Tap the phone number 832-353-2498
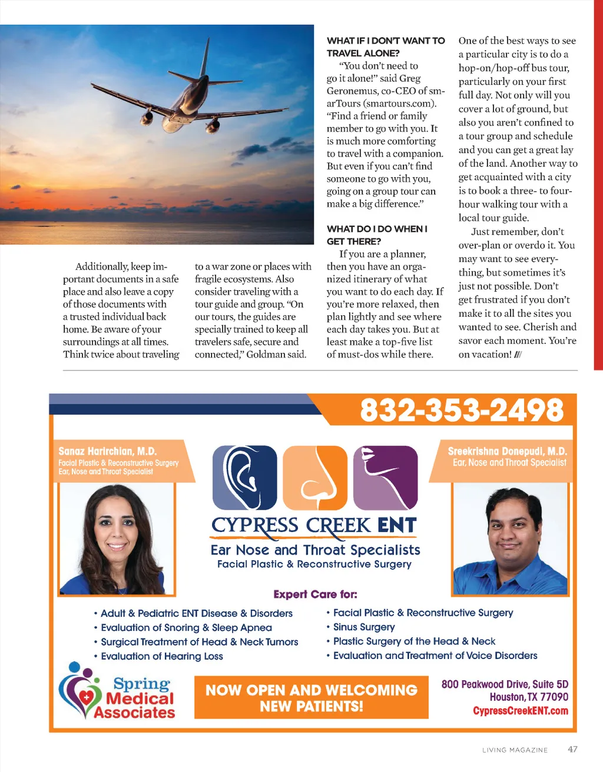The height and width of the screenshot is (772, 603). click(x=462, y=410)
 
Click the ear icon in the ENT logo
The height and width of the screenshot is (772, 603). click(x=244, y=477)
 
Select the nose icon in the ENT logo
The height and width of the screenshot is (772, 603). click(x=315, y=477)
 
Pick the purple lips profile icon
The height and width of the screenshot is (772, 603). click(x=385, y=477)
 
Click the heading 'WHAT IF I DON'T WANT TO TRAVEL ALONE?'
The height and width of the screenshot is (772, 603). click(x=386, y=46)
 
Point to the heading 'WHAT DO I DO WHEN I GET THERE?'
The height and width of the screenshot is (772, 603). click(x=377, y=235)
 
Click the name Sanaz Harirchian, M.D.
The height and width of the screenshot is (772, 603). click(x=108, y=451)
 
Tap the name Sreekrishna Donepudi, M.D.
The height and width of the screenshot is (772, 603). click(x=507, y=451)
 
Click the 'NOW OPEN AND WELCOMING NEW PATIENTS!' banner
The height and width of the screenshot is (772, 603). click(x=311, y=697)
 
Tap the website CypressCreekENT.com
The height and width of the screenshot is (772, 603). click(x=520, y=711)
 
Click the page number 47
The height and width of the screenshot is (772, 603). click(x=572, y=749)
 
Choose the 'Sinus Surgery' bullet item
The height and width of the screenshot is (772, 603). click(x=363, y=627)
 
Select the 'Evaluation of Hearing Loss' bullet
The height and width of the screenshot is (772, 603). click(x=161, y=656)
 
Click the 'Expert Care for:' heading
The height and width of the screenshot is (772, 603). click(x=315, y=594)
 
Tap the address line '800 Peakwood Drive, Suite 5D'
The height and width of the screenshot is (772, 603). click(x=505, y=684)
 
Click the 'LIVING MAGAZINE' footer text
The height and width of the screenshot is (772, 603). click(x=515, y=750)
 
